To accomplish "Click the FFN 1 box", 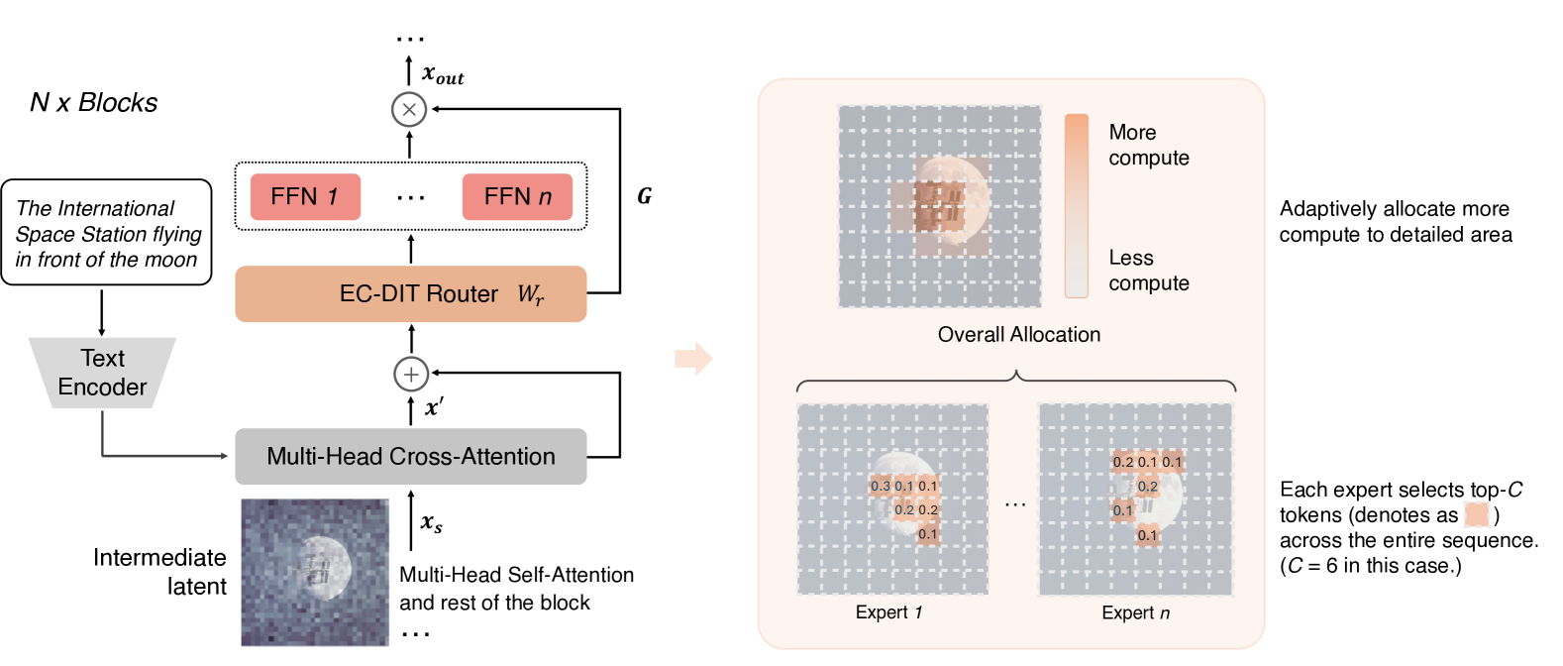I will coord(305,196).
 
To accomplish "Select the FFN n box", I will coord(517,196).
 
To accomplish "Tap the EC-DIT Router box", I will coord(410,293).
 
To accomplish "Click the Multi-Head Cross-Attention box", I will coord(410,456).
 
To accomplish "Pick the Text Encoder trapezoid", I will coord(102,373).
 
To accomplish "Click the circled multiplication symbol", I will coord(409,109).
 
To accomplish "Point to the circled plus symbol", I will coord(411,374).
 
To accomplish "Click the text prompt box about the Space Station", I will coord(107,233).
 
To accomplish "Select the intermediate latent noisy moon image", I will coord(315,572).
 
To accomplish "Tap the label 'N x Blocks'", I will coord(93,102).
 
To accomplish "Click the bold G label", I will coord(644,196).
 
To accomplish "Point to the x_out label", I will coord(442,74).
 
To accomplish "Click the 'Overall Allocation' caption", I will coord(1018,334).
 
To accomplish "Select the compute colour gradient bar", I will coord(1076,205).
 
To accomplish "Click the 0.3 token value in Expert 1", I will coord(880,486).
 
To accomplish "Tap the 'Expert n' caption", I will coord(1135,612).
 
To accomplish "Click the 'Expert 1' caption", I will coord(888,612).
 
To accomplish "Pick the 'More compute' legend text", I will coord(1148,145).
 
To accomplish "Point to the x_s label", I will coord(431,522).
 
